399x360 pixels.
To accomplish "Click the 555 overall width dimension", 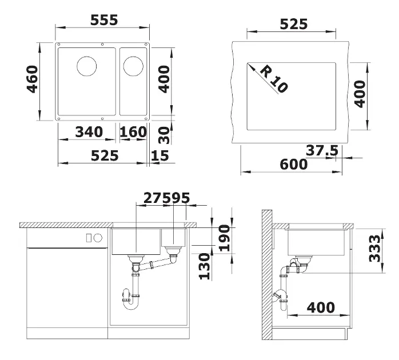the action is pos(104,20).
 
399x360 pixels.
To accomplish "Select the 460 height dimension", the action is pos(33,79).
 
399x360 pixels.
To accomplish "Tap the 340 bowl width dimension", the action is pos(89,132).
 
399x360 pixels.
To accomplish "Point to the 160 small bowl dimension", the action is pos(133,132).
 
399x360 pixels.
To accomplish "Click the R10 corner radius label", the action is pos(274,79).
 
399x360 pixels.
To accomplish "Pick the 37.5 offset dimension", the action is pos(322,150).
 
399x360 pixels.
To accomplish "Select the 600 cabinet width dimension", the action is pos(294,164).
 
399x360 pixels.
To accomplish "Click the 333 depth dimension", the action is pos(374,248).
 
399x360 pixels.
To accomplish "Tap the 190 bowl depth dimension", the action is pos(225,238).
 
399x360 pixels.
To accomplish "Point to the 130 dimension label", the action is pos(204,266).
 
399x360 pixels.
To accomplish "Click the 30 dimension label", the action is pos(163,135).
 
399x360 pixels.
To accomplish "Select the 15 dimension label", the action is pos(160,155).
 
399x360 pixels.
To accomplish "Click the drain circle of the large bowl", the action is pos(87,66).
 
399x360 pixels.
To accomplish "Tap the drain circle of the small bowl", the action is pos(133,66).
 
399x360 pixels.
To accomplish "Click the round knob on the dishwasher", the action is pos(98,238).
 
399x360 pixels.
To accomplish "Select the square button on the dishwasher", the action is pos(89,238).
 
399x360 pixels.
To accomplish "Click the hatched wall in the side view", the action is pos(267,275).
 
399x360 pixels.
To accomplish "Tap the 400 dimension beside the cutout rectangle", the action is pos(360,94).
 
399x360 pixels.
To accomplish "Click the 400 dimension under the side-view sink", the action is pos(321,307).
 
